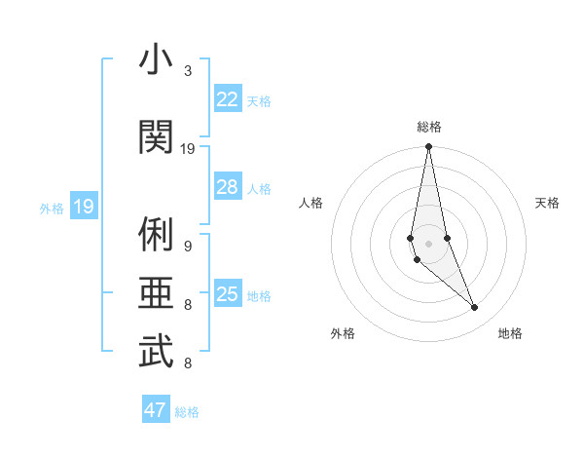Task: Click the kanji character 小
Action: (155, 60)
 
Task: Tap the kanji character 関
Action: (155, 136)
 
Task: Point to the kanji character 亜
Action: (155, 293)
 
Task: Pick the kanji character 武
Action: (155, 352)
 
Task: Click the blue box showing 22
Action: (227, 99)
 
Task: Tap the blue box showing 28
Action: (227, 187)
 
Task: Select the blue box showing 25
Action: (227, 294)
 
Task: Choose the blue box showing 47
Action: (156, 410)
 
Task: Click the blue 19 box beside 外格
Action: (83, 207)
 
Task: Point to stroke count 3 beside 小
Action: (188, 70)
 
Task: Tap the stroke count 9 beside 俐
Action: (188, 246)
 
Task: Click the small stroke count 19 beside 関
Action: (188, 148)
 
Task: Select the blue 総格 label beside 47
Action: (187, 412)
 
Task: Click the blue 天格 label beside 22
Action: (259, 100)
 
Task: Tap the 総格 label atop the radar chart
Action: (428, 126)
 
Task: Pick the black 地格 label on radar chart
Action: (510, 333)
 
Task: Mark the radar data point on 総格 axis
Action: (428, 147)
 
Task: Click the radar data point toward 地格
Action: (475, 308)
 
